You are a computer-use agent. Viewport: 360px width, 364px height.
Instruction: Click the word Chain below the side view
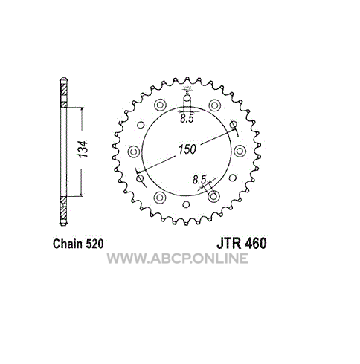coord(68,244)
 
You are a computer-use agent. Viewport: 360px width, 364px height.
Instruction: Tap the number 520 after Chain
coord(94,244)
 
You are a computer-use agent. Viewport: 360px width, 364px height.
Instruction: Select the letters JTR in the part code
coord(229,243)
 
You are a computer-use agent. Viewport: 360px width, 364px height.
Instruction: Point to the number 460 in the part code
coord(256,243)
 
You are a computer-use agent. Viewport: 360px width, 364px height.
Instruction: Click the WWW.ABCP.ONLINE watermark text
coord(178,259)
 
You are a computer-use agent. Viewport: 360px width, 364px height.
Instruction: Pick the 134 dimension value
coord(83,149)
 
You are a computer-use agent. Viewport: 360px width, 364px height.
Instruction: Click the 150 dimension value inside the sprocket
coord(187,149)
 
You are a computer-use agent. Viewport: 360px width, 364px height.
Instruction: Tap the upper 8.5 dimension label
coord(187,119)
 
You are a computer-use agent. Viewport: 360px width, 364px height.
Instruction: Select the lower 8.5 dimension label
coord(199,180)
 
